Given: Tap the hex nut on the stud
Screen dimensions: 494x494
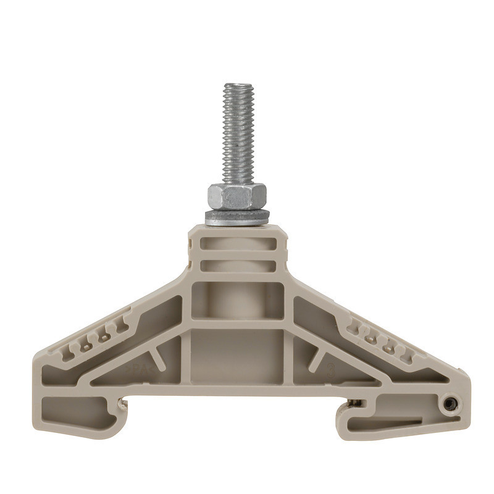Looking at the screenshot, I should (237, 196).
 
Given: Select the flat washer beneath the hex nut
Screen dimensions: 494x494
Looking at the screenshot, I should (237, 216).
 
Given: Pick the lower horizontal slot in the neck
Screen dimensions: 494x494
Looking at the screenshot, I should (238, 266).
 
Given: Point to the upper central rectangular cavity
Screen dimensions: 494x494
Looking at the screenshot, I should (237, 301).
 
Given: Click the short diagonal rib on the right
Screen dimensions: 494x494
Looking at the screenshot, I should (318, 357).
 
